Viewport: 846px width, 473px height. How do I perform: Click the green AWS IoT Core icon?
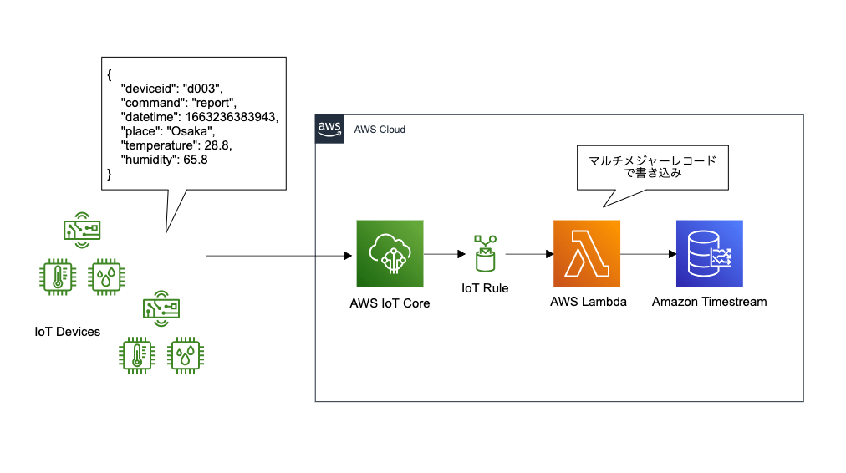[x=390, y=253]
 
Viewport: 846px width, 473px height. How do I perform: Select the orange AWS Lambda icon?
[x=586, y=253]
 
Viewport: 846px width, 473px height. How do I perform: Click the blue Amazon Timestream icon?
[x=709, y=253]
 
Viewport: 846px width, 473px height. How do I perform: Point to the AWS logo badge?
[x=329, y=129]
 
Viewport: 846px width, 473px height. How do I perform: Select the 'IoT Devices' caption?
[x=67, y=332]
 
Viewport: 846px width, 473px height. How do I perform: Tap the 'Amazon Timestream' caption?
[x=709, y=302]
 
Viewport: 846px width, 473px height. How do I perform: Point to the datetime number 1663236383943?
[x=233, y=117]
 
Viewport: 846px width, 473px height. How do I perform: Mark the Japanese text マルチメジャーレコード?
[x=653, y=161]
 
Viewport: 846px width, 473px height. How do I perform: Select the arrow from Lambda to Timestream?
[x=648, y=253]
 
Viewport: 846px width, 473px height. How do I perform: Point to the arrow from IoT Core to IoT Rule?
[x=444, y=253]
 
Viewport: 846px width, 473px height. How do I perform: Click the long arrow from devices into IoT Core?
[x=276, y=253]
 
